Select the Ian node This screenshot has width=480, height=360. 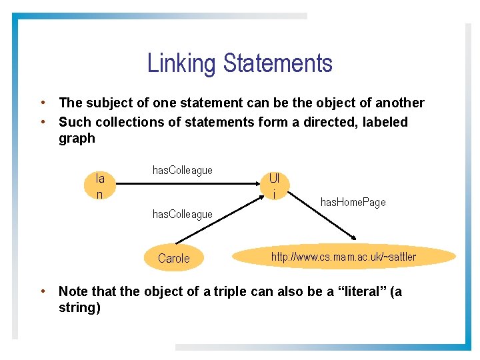tap(100, 186)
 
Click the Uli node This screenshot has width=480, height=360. tap(274, 186)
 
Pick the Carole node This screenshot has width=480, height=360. tap(174, 259)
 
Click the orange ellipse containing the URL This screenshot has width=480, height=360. tap(344, 257)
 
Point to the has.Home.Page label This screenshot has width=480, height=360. tap(353, 202)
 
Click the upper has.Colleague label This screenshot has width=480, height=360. tap(183, 170)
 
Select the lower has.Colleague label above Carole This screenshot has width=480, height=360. tap(183, 214)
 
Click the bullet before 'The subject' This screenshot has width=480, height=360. tap(42, 103)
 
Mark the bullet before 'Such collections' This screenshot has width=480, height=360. tap(42, 122)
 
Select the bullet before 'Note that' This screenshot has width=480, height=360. tap(42, 291)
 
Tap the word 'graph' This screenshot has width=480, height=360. tap(77, 139)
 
